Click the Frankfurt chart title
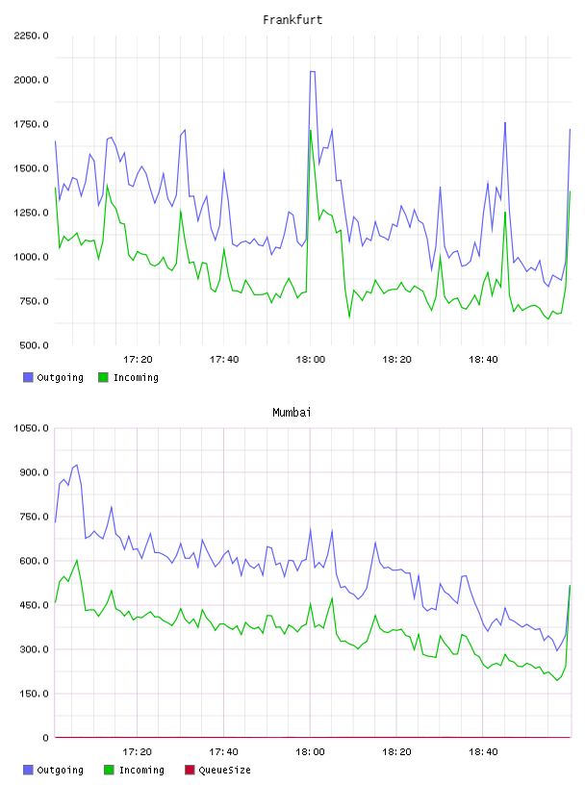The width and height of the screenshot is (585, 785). (292, 20)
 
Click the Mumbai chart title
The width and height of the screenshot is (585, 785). (292, 413)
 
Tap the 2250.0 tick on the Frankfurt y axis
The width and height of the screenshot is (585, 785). (31, 36)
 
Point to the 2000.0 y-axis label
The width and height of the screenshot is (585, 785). (31, 80)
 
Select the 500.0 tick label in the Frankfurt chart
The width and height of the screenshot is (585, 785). (34, 345)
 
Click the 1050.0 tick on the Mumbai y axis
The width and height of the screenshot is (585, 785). (31, 428)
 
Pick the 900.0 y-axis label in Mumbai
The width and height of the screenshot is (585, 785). (34, 472)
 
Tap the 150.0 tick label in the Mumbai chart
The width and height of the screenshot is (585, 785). (34, 694)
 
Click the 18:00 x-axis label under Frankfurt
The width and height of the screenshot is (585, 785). (311, 360)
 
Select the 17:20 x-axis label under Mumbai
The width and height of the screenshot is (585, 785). (138, 752)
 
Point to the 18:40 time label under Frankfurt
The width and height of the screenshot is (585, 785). (483, 360)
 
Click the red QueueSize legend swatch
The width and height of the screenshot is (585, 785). (190, 770)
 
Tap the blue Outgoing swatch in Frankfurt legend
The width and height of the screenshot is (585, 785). (28, 377)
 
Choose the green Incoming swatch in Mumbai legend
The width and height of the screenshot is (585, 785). (109, 770)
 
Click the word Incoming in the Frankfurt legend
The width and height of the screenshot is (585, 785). (136, 377)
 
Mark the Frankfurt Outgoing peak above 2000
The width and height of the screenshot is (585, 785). (313, 71)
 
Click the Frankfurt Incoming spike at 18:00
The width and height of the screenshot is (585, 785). (311, 131)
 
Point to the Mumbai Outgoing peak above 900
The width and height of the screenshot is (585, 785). (76, 465)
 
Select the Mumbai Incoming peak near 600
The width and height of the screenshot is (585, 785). (77, 560)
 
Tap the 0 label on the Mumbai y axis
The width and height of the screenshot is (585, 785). (45, 738)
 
